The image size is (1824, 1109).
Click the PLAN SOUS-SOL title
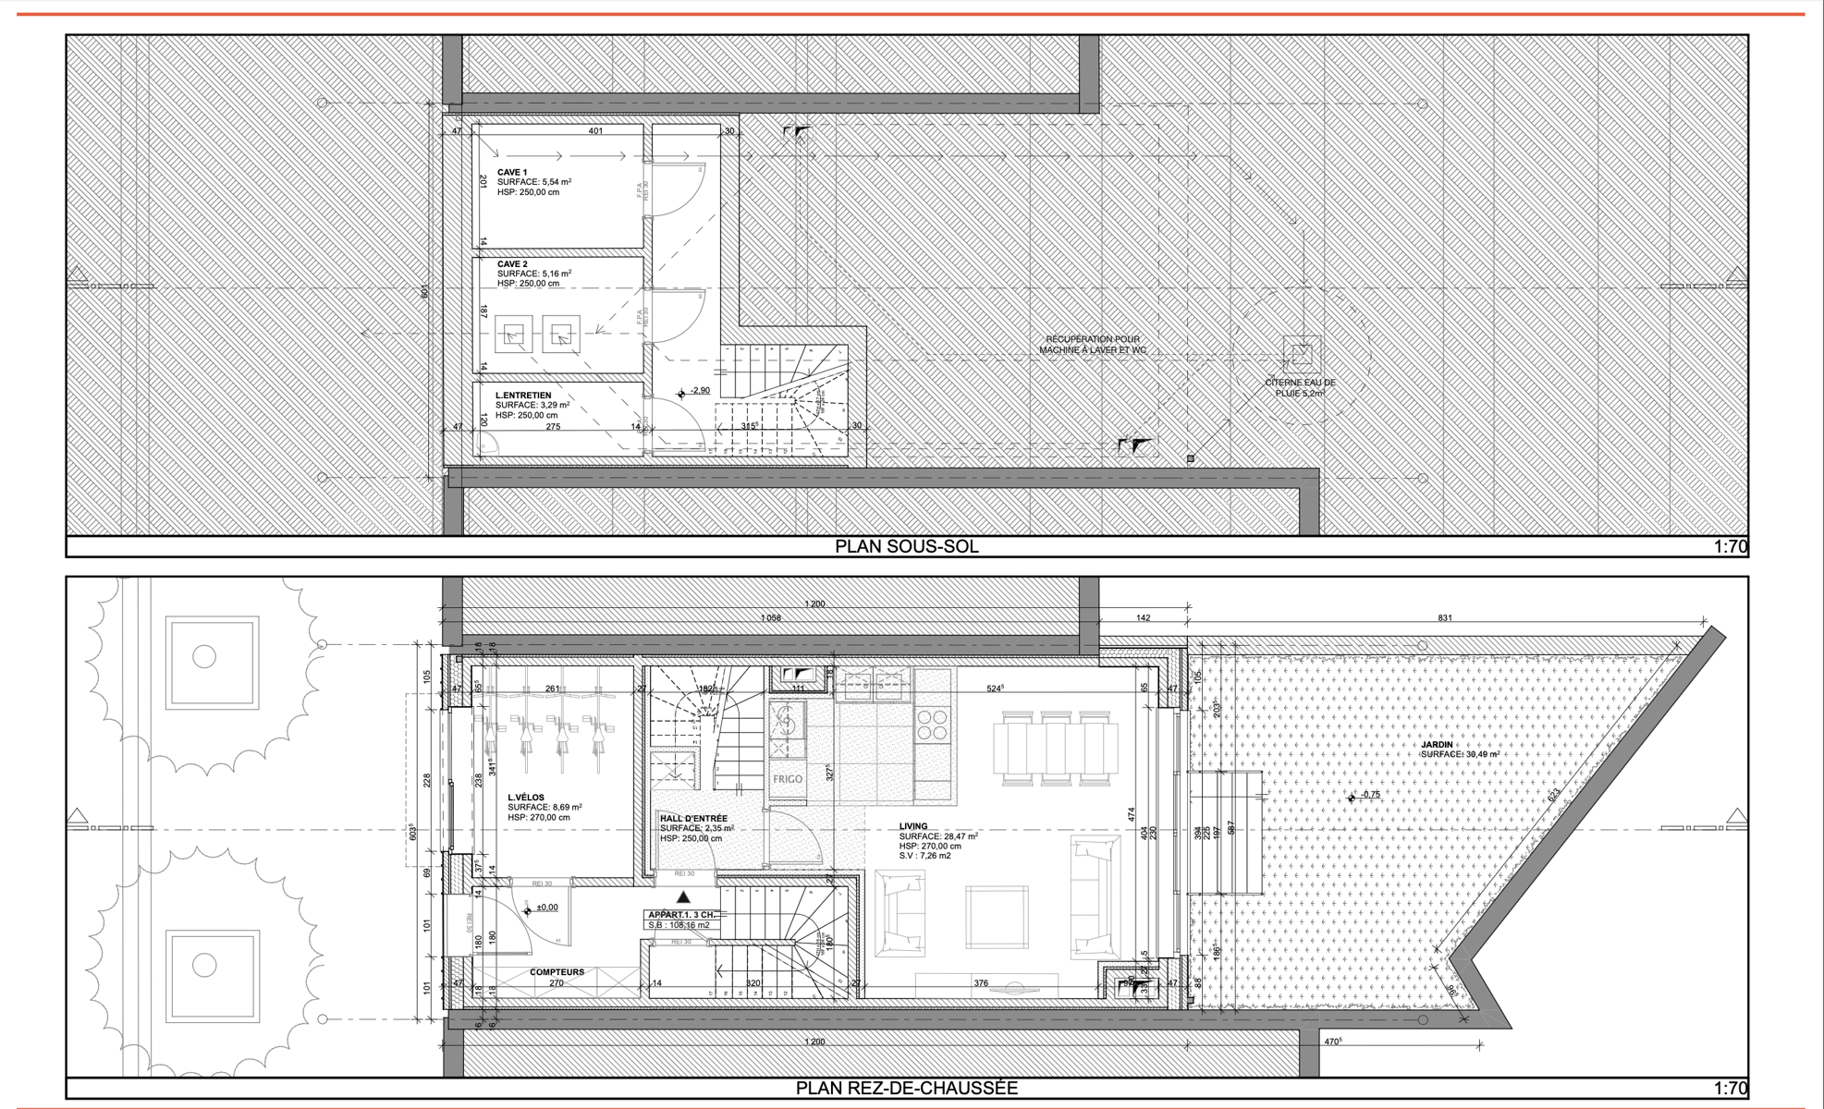906,546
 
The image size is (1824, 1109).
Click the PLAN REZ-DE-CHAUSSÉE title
906,1088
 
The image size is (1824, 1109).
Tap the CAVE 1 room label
512,173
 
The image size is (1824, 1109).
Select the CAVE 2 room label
512,264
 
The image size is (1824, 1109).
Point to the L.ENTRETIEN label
522,396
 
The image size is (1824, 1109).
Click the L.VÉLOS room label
526,797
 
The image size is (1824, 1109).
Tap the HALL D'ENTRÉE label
693,818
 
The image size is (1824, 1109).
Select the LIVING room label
913,826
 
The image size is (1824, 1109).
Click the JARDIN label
1437,744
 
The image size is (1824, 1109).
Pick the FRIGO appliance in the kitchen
788,779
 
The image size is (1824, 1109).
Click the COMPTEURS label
557,972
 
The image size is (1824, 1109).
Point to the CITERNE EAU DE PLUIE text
1300,387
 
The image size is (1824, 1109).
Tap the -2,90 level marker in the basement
699,391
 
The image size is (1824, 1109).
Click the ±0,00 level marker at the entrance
545,908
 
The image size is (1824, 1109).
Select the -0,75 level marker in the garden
1369,795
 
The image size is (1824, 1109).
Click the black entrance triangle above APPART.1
683,896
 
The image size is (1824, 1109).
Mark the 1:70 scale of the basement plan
1730,546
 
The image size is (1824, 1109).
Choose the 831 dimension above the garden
1444,617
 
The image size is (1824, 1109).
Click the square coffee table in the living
997,918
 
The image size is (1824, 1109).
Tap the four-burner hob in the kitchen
932,725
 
